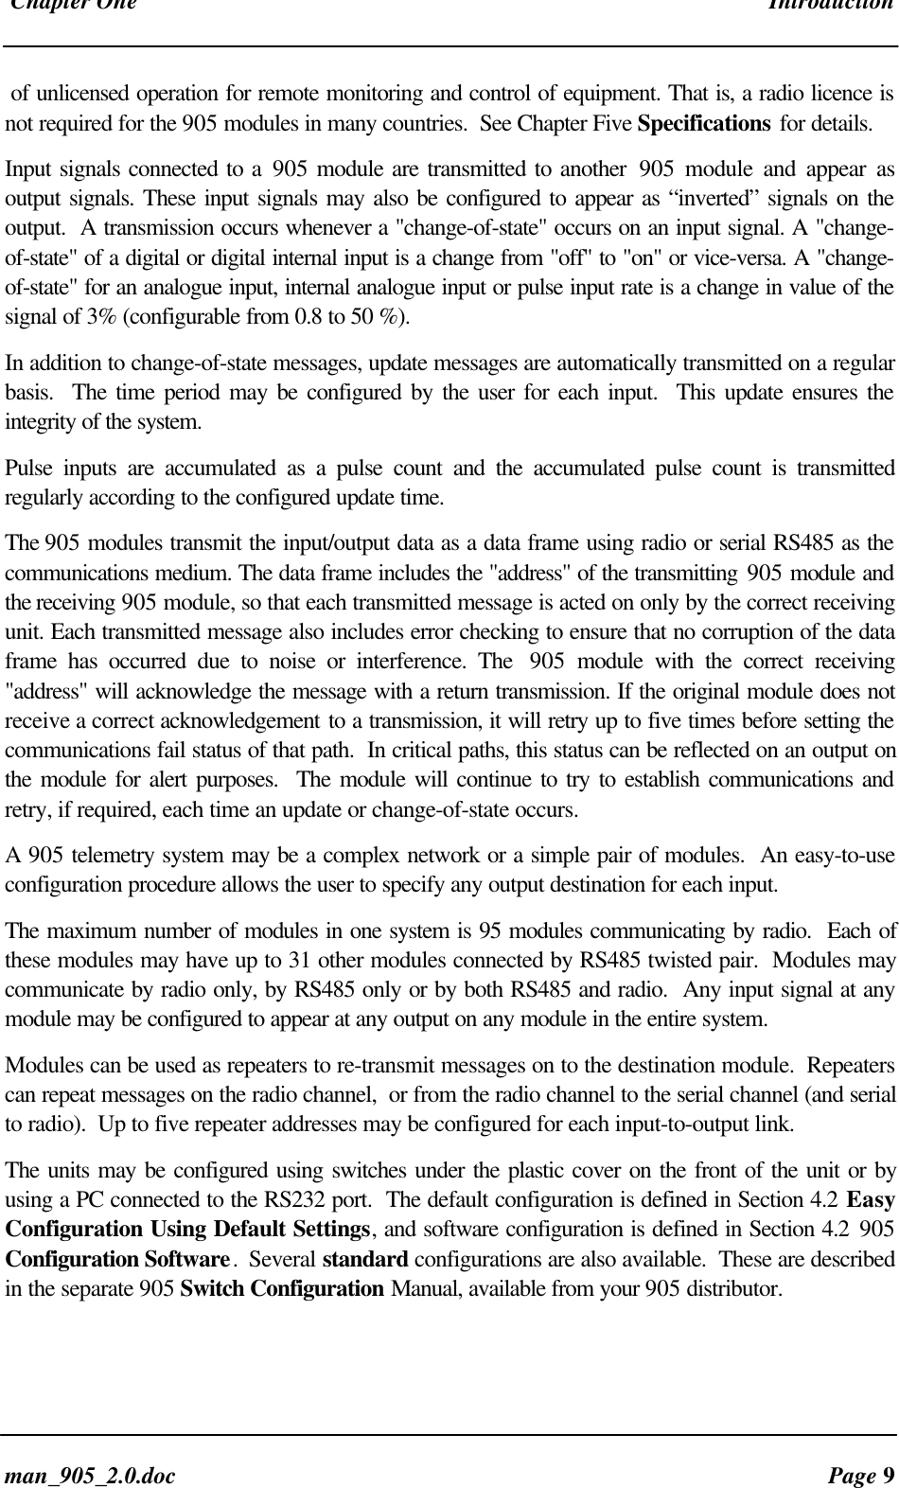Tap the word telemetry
[x=84, y=858]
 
